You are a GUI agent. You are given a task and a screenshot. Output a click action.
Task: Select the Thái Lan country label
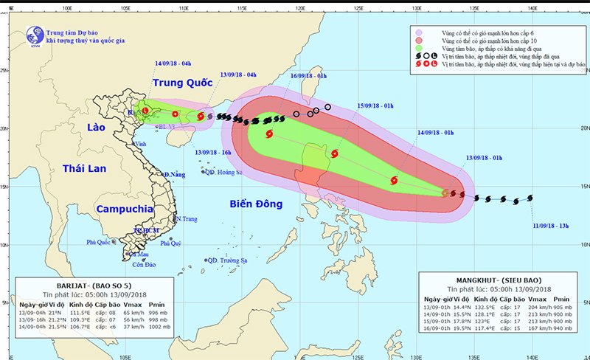[83, 169]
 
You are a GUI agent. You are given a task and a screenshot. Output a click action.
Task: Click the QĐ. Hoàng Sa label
[225, 173]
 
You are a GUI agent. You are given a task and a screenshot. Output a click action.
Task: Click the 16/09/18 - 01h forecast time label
[309, 76]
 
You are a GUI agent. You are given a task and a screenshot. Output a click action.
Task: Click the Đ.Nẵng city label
[174, 174]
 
